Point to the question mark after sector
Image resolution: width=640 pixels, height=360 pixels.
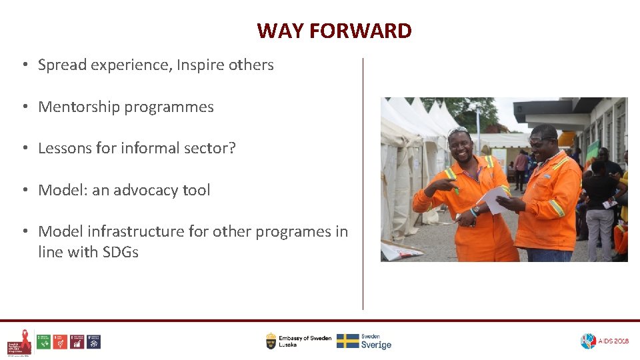pos(232,149)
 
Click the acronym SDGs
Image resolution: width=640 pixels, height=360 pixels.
pos(120,253)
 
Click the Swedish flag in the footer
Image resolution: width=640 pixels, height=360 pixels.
pos(347,341)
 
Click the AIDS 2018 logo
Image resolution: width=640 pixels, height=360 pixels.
pos(604,341)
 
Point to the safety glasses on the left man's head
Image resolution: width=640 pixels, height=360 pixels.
pos(458,131)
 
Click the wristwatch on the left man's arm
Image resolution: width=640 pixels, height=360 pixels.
pos(473,212)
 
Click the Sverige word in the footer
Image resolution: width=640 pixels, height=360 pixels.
pos(376,345)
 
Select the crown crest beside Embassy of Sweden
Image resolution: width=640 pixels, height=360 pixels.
pos(271,341)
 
